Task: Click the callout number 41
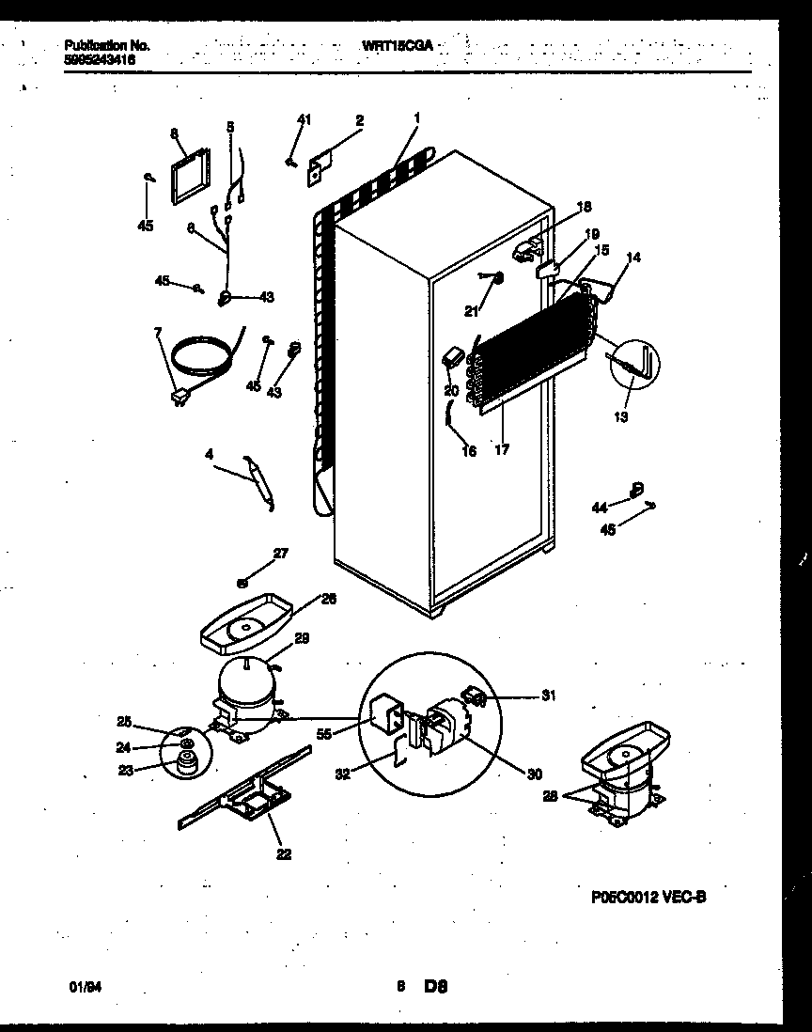click(304, 118)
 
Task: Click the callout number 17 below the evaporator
click(502, 450)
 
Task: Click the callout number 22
click(284, 853)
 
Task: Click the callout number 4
click(210, 454)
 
